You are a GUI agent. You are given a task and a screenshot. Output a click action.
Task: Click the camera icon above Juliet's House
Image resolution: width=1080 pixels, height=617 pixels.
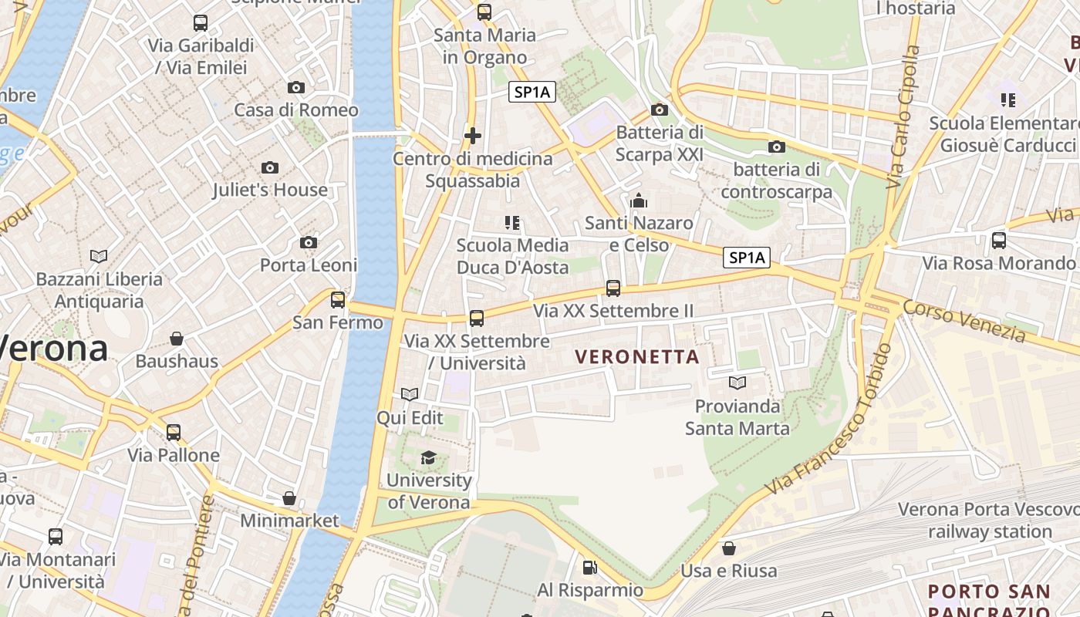tap(269, 167)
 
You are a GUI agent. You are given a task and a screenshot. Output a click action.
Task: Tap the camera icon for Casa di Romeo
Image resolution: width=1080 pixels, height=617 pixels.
tap(296, 87)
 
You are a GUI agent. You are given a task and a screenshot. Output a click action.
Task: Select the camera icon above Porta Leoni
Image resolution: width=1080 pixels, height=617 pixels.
tap(309, 243)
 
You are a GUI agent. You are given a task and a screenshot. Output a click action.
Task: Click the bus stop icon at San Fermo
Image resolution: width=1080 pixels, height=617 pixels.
tap(338, 300)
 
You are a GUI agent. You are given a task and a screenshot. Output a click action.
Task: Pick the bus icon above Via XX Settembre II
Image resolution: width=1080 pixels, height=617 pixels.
tap(613, 288)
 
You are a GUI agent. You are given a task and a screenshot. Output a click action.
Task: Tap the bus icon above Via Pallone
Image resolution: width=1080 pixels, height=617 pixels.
tap(174, 433)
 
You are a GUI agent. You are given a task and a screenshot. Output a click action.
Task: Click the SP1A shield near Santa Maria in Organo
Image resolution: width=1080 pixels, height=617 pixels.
tap(532, 93)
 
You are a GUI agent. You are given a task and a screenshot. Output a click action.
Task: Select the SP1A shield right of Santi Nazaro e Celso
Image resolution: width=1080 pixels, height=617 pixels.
tap(747, 258)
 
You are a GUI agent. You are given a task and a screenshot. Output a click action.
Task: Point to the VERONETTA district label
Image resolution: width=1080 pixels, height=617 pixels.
tap(637, 357)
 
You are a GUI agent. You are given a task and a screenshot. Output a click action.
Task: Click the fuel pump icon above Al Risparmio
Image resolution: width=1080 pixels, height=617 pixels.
tap(590, 568)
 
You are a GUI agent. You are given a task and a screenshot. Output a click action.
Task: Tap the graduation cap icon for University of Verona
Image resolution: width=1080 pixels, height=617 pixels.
tap(428, 458)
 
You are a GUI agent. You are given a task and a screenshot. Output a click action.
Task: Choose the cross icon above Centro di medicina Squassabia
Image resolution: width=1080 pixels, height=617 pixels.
tap(473, 137)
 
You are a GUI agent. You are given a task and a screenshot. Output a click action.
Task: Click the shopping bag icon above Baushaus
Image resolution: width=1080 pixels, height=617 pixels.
tap(177, 339)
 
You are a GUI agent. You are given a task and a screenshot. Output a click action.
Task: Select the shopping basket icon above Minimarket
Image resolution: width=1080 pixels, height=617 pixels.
tap(289, 498)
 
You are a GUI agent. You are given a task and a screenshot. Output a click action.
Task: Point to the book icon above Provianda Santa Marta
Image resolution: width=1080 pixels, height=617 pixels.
tap(737, 383)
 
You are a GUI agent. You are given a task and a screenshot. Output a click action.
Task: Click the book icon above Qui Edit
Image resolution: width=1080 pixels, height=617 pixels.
tap(410, 395)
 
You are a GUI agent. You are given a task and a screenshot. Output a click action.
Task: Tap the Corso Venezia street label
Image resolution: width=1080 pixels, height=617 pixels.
tap(964, 321)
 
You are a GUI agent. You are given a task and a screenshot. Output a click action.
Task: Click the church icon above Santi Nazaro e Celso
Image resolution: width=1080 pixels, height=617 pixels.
tap(639, 201)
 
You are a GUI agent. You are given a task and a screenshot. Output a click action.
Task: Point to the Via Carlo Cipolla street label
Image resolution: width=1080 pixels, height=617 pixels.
tap(903, 117)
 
